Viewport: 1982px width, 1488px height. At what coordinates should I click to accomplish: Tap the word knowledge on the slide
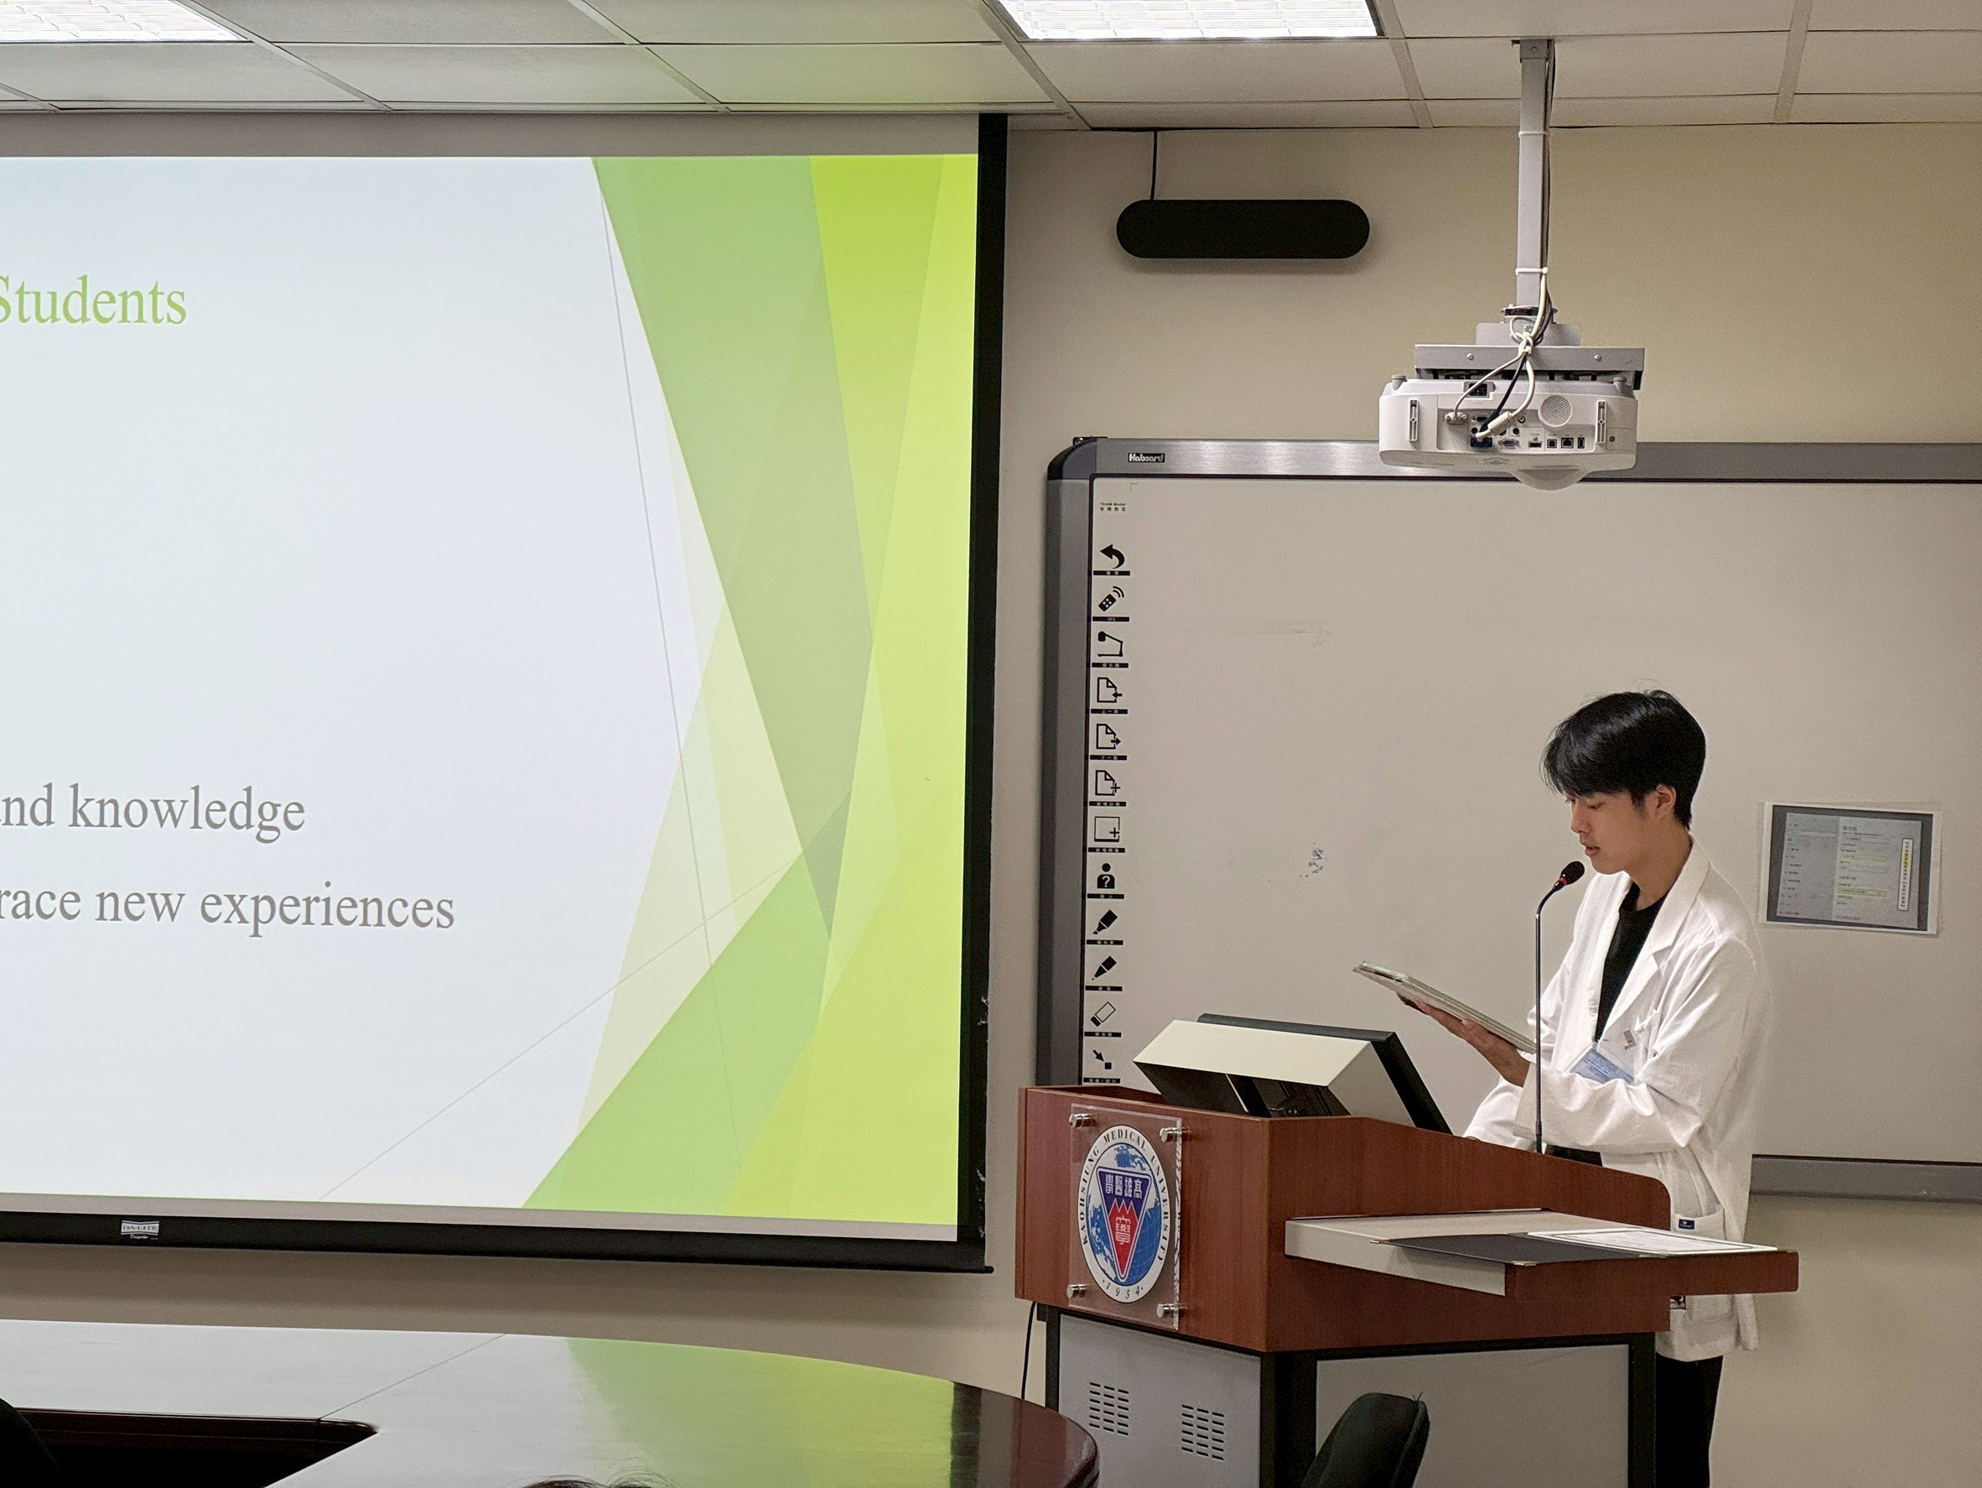coord(186,810)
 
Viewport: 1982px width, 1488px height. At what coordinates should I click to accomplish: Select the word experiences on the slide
coord(326,907)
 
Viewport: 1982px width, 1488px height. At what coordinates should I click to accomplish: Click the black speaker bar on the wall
coord(1242,230)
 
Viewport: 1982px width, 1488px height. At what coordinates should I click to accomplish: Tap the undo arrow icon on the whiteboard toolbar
coord(1112,557)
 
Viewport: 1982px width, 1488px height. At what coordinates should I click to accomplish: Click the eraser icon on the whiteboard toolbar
coord(1106,1014)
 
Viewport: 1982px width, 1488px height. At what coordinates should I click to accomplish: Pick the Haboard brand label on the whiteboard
coord(1146,458)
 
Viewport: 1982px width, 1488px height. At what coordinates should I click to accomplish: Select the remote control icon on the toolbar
coord(1111,600)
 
